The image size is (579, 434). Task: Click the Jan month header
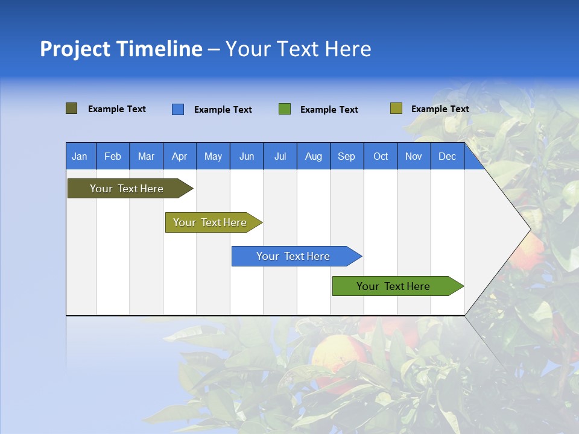(x=80, y=157)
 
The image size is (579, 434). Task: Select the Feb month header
(x=113, y=157)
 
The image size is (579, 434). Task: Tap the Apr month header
(x=179, y=157)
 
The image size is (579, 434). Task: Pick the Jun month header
(x=247, y=157)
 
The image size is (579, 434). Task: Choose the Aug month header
(x=313, y=157)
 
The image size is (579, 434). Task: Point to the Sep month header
(x=346, y=157)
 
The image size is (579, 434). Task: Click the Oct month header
(x=381, y=157)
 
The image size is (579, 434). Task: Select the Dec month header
(x=447, y=157)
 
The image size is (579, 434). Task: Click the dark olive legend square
(x=72, y=108)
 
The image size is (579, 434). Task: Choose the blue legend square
(x=178, y=109)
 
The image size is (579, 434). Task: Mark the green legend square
(x=285, y=109)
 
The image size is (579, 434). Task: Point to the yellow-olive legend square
(x=396, y=108)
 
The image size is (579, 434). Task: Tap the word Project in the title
(x=75, y=49)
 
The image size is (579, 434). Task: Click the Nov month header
(x=414, y=157)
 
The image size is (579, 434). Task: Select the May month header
(x=213, y=157)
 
